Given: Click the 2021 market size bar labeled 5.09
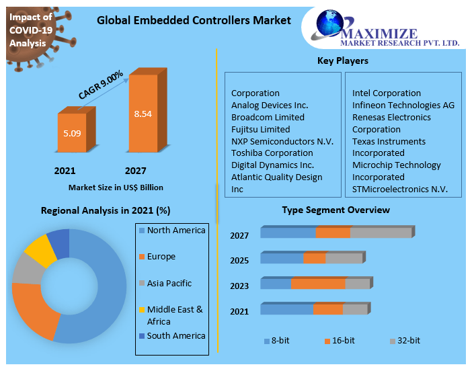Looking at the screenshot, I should pyautogui.click(x=72, y=134).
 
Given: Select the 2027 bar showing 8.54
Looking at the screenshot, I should pyautogui.click(x=143, y=114).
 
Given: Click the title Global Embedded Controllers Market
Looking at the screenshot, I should pyautogui.click(x=194, y=20).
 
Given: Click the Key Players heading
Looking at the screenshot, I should pyautogui.click(x=342, y=61).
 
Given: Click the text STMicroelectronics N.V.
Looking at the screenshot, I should pyautogui.click(x=400, y=189).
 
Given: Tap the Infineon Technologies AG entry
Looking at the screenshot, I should pyautogui.click(x=403, y=105).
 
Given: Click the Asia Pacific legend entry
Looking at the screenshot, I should pyautogui.click(x=169, y=284).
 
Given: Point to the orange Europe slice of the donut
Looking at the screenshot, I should pyautogui.click(x=34, y=310).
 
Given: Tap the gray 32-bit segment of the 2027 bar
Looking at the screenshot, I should pyautogui.click(x=381, y=233).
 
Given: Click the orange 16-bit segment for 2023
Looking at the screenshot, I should pyautogui.click(x=318, y=284).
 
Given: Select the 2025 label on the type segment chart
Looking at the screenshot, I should pyautogui.click(x=239, y=260).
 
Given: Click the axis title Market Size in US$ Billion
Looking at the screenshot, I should pyautogui.click(x=116, y=188).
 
